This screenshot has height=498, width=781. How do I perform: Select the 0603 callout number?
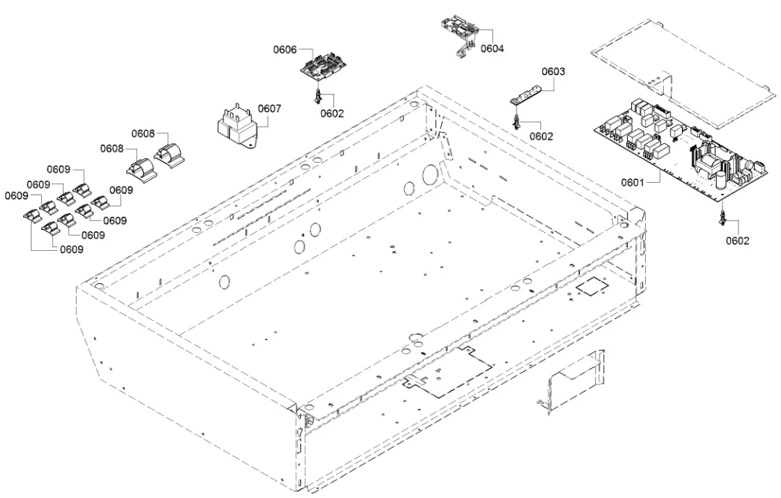[554, 72]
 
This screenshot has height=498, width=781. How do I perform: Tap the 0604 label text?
[493, 48]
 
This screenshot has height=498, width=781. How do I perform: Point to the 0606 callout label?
[285, 50]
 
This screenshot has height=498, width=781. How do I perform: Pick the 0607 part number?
[270, 109]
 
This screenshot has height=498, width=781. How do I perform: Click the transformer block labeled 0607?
[236, 128]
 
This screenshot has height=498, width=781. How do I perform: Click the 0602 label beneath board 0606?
[333, 113]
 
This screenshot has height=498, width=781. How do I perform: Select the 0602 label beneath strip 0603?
[541, 136]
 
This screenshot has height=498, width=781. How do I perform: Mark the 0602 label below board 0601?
[738, 241]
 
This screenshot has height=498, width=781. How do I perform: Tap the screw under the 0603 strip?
[516, 121]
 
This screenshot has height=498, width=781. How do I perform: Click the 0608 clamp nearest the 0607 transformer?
[168, 154]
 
